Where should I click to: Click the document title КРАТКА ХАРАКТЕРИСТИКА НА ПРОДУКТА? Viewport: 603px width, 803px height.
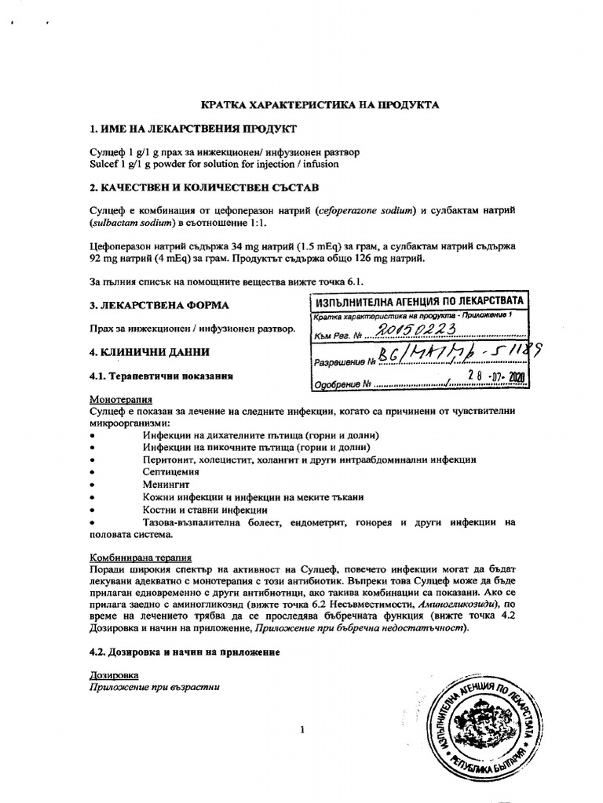pyautogui.click(x=310, y=104)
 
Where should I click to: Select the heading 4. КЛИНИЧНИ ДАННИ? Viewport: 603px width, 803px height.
pyautogui.click(x=149, y=352)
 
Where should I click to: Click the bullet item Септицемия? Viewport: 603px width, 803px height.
pyautogui.click(x=170, y=472)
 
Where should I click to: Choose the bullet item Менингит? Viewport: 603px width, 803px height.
pyautogui.click(x=164, y=485)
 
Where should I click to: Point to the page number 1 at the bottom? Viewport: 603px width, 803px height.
pyautogui.click(x=301, y=731)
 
